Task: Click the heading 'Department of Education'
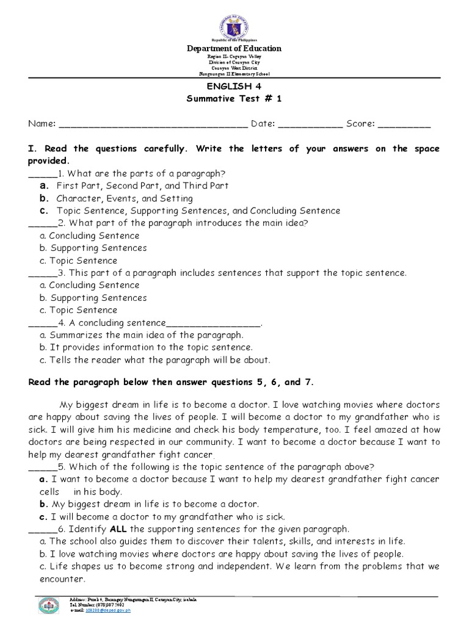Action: click(234, 48)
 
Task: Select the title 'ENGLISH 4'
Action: click(234, 87)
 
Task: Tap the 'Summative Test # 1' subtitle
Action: click(234, 99)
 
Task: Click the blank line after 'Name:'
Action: click(153, 125)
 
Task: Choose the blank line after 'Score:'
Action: click(404, 125)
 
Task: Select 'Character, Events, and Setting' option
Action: click(125, 198)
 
